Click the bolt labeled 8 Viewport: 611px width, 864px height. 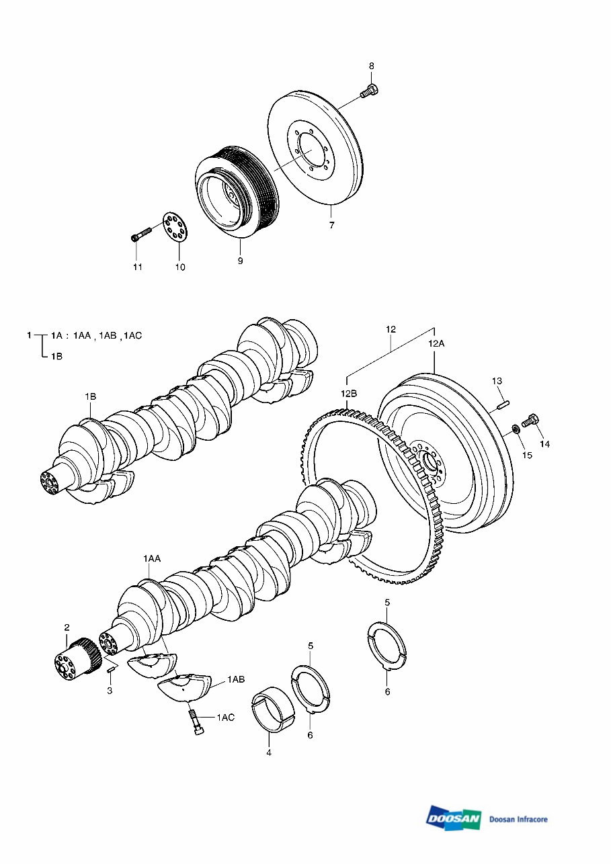pos(370,91)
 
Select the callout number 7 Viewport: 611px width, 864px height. pos(331,226)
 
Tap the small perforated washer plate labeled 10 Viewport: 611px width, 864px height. pos(175,228)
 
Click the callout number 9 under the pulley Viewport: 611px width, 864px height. pos(240,261)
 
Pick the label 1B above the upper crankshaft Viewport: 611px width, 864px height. pos(90,397)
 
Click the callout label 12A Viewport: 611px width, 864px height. pos(436,343)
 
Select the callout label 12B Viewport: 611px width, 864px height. pos(348,394)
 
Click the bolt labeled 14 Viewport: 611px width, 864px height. pos(530,422)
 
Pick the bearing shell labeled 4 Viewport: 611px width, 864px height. pos(274,714)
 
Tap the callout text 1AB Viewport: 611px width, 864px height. pos(235,680)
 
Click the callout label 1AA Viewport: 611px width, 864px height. pos(151,558)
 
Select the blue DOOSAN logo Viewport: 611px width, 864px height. pos(454,818)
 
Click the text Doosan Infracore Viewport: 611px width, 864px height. pos(518,819)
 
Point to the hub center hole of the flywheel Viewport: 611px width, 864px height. pos(428,463)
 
